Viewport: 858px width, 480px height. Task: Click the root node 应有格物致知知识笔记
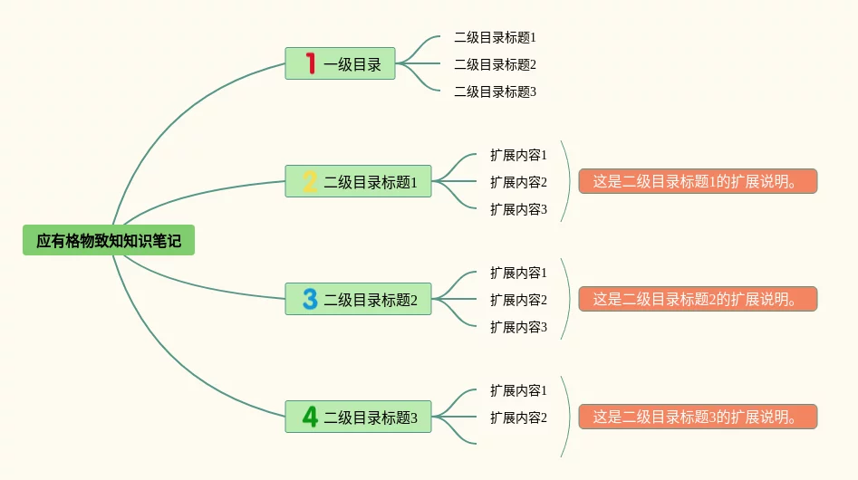pos(109,241)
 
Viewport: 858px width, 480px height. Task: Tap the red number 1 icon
pos(310,63)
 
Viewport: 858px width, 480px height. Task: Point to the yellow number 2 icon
pos(310,182)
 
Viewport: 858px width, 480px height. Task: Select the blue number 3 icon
pos(310,299)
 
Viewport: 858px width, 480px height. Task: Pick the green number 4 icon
pos(310,417)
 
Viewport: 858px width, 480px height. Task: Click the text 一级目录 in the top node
pos(352,64)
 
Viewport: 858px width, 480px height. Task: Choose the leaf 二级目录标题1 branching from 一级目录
pos(495,37)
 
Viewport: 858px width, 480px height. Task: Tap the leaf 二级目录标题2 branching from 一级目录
pos(495,64)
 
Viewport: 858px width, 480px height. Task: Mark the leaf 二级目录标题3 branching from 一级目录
pos(495,91)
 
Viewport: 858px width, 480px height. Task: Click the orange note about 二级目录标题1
pos(698,181)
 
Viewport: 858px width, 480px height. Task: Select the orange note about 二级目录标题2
pos(698,299)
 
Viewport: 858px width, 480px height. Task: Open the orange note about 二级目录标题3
pos(698,417)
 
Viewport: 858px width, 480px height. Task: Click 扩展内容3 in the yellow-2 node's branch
pos(518,209)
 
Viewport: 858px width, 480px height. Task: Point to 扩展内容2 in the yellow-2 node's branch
pos(518,182)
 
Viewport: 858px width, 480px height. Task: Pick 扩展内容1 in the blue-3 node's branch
pos(518,273)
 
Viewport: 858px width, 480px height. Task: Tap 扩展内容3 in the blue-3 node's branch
pos(518,327)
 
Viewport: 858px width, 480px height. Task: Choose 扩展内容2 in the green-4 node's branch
pos(518,418)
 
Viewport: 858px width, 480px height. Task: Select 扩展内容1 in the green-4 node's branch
pos(518,390)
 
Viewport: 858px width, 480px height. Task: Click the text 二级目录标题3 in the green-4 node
pos(371,418)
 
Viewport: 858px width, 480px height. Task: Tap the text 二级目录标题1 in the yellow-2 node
pos(371,182)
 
